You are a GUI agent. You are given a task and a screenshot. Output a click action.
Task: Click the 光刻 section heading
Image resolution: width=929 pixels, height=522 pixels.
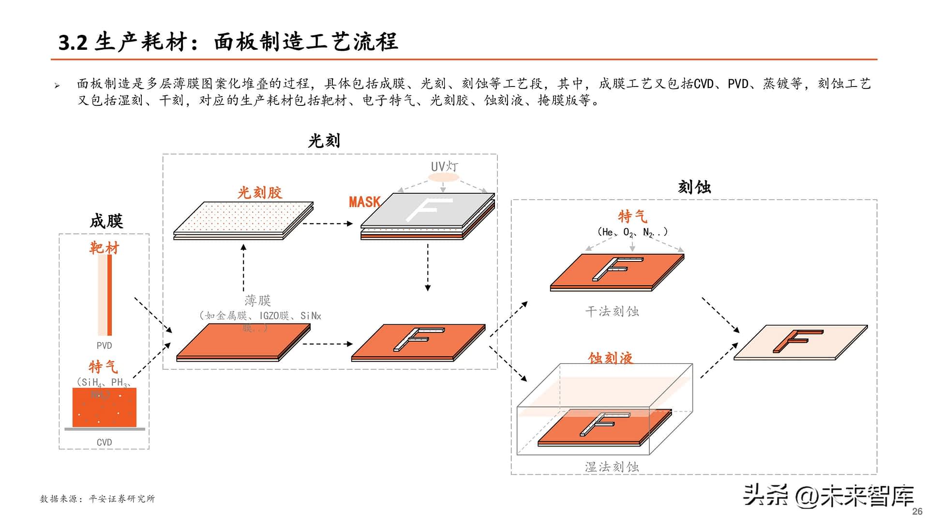pyautogui.click(x=324, y=141)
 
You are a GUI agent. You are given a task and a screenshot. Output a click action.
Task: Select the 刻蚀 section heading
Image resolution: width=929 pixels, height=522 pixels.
pyautogui.click(x=694, y=188)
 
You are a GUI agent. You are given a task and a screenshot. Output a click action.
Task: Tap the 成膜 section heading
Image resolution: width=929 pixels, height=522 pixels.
pyautogui.click(x=106, y=221)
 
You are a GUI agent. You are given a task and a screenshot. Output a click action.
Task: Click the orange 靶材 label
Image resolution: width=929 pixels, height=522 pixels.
pyautogui.click(x=104, y=248)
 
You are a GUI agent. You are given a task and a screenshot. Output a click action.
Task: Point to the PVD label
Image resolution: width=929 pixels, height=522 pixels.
pyautogui.click(x=104, y=346)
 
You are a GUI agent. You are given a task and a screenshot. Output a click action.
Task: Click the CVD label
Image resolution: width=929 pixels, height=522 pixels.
pyautogui.click(x=104, y=442)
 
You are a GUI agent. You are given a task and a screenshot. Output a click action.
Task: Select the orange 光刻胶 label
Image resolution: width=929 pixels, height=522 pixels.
pyautogui.click(x=260, y=193)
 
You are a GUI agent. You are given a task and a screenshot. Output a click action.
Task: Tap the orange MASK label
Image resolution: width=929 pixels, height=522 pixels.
pyautogui.click(x=364, y=202)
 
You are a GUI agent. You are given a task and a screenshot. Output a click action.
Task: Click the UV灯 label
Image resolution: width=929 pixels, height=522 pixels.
pyautogui.click(x=444, y=166)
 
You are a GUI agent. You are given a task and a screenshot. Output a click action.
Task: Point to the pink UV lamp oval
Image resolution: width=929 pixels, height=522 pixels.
pyautogui.click(x=443, y=177)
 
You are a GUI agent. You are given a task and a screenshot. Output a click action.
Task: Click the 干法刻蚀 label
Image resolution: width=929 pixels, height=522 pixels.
pyautogui.click(x=612, y=311)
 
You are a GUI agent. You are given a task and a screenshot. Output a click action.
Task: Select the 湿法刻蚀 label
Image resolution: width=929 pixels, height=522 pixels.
pyautogui.click(x=612, y=467)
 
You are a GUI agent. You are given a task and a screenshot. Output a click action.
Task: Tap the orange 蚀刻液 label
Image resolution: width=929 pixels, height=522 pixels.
pyautogui.click(x=610, y=358)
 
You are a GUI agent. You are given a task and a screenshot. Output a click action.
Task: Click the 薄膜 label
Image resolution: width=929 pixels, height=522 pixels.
pyautogui.click(x=257, y=301)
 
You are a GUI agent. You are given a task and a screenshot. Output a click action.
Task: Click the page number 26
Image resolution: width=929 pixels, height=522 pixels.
pyautogui.click(x=917, y=511)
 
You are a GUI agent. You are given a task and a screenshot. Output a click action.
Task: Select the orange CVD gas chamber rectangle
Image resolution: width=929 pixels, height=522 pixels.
pyautogui.click(x=104, y=407)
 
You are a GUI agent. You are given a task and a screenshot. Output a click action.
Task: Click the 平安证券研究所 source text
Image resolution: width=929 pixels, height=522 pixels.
pyautogui.click(x=122, y=499)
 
